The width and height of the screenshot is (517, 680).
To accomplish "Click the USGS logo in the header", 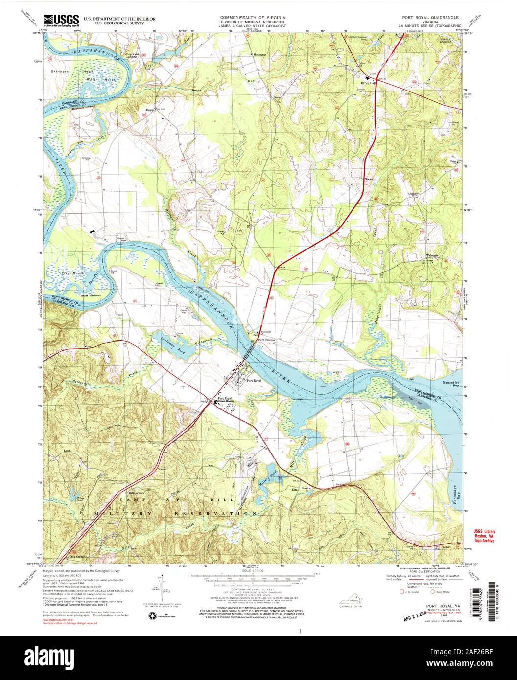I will (x=61, y=19).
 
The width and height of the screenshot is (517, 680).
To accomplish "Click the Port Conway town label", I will (x=267, y=340).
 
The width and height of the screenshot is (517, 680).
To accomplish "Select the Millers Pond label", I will (x=267, y=472).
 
